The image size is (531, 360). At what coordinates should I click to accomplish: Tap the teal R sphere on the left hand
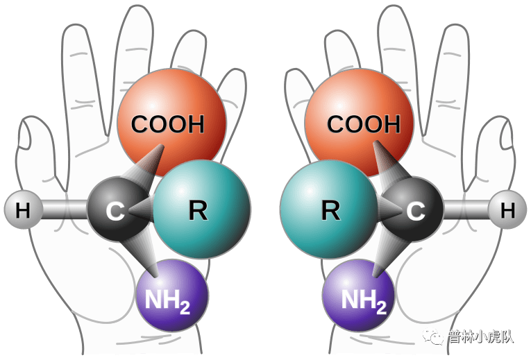point(201,210)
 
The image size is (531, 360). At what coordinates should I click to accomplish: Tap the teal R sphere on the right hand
point(326,210)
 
